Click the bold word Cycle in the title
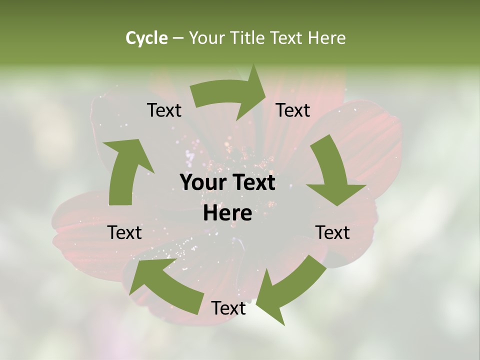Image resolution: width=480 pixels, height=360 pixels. coord(146,38)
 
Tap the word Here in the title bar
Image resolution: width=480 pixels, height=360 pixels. coord(326,38)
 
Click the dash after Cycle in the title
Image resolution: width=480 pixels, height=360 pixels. coord(178,38)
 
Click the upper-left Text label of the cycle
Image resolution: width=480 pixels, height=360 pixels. coord(164,110)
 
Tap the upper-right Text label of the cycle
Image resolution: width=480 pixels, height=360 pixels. coord(293,110)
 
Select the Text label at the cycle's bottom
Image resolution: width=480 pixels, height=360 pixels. coord(228,308)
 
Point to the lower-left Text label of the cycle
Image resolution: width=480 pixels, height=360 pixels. coord(125,232)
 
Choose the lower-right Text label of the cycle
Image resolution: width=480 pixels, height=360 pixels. coord(333,232)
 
